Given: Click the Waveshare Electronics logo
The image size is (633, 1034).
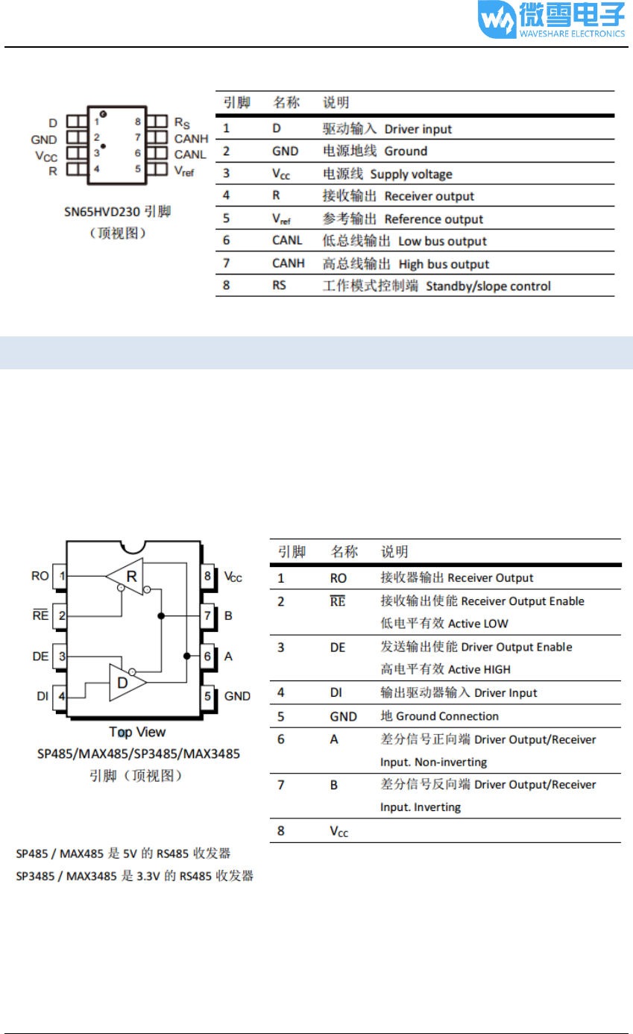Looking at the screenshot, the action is (x=552, y=20).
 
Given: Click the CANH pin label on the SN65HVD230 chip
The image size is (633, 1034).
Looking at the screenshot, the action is (x=191, y=138).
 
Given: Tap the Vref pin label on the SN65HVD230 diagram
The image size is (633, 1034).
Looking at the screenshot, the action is (x=184, y=170).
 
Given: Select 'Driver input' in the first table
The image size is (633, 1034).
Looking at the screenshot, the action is (x=418, y=129).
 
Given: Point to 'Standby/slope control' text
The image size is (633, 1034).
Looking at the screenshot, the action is (x=488, y=286).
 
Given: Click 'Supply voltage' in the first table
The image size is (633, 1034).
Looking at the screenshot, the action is (x=412, y=175).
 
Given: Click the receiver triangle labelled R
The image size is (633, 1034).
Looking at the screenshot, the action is (x=127, y=576).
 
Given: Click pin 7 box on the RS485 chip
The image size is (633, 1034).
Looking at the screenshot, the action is (x=207, y=616).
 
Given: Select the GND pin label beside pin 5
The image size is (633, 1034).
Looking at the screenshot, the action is (x=237, y=696).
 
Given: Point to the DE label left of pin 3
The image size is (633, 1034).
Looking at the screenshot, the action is (x=40, y=657).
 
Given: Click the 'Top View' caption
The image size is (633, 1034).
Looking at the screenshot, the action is (x=137, y=732).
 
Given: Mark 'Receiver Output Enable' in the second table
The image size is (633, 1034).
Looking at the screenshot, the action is (x=523, y=601).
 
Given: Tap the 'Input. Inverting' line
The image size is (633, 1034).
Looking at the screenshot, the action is (x=421, y=807).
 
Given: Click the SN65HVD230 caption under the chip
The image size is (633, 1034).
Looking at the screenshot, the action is (x=117, y=212).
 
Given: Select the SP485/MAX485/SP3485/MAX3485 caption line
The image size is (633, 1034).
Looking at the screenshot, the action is (x=139, y=753).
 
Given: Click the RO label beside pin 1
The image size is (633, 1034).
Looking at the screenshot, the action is (x=40, y=576).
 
